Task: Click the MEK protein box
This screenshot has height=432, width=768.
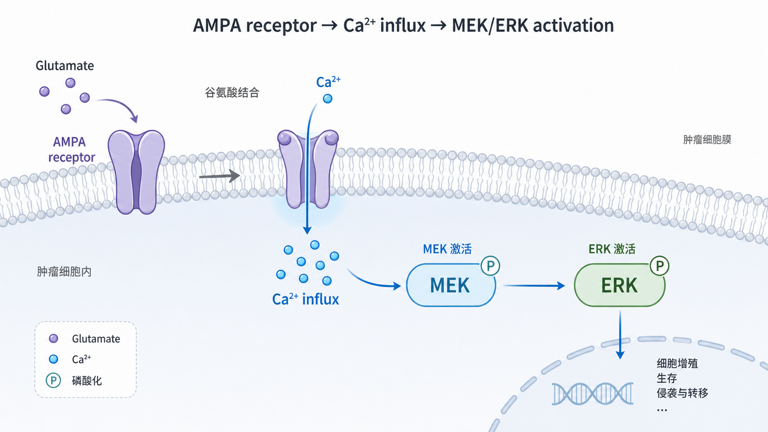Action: (451, 285)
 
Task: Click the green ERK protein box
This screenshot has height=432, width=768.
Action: (620, 285)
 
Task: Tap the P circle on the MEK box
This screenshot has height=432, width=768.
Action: (490, 266)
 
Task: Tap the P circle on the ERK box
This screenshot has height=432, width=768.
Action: (660, 266)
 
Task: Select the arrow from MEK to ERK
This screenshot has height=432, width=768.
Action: (534, 286)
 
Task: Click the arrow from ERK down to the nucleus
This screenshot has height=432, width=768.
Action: (620, 335)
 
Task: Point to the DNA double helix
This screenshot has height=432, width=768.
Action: (593, 393)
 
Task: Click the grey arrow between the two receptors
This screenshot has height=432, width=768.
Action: (220, 176)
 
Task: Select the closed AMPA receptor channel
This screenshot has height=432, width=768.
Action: (136, 172)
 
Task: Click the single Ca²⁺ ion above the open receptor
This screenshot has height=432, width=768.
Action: (328, 99)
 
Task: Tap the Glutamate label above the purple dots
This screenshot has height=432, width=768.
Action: (65, 66)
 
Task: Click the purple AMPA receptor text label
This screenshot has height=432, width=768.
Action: (71, 149)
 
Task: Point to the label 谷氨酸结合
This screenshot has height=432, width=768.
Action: (232, 92)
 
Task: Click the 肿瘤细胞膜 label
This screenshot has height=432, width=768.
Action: (707, 140)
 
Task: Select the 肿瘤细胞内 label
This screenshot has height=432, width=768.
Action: (64, 272)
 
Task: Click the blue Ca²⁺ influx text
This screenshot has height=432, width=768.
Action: (305, 299)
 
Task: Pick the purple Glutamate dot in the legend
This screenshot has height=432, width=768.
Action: (53, 338)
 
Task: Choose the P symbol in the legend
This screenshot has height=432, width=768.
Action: (53, 380)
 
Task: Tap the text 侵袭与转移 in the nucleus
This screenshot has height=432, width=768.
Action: (682, 393)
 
